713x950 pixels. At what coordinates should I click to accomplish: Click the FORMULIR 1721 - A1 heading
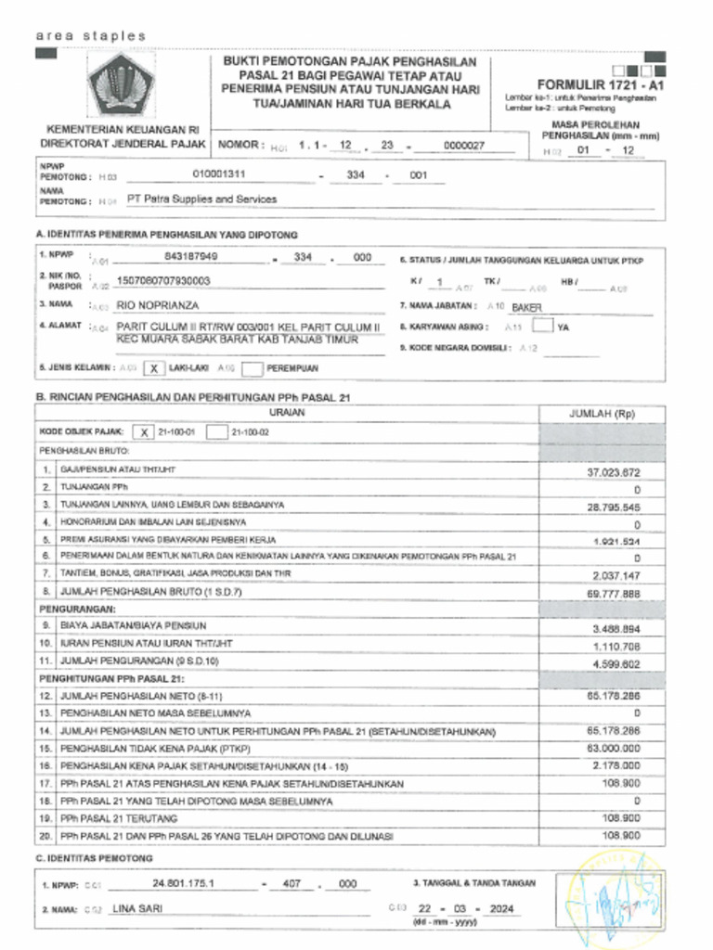tap(600, 83)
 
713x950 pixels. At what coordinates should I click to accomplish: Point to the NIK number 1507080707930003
tap(163, 280)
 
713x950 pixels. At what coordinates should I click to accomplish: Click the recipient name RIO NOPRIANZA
tap(157, 304)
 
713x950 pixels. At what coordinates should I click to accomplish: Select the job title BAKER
tap(526, 306)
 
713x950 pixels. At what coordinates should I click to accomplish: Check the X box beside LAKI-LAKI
tap(155, 368)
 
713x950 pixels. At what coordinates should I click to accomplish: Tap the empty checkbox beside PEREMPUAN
tap(252, 368)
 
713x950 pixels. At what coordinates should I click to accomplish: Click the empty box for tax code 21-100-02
tap(216, 431)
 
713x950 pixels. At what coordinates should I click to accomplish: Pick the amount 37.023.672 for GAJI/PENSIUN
tap(613, 472)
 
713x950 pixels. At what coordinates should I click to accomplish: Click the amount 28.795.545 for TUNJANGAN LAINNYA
tap(613, 507)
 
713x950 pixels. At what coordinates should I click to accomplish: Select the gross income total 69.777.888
tap(613, 593)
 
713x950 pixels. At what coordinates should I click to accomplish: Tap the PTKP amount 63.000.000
tap(613, 748)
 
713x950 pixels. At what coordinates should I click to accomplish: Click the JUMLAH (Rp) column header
tap(601, 415)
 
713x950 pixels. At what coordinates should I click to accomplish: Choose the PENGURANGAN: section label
tap(77, 610)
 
